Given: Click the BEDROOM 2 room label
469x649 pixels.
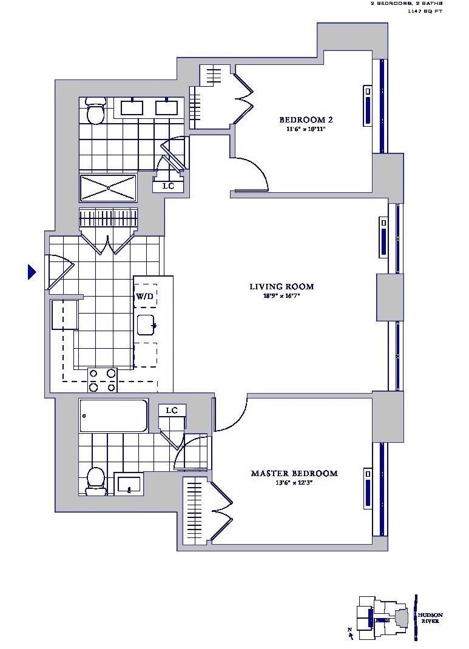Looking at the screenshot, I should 305,119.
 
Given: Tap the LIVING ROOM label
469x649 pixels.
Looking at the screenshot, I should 282,286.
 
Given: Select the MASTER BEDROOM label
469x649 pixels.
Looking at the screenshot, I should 294,473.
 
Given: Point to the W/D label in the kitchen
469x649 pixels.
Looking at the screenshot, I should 144,297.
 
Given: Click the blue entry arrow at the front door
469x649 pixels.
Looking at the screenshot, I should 32,272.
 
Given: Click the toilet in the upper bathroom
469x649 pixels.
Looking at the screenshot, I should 95,111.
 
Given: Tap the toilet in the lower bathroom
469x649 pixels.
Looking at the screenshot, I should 95,479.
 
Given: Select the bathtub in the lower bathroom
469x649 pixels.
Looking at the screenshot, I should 113,415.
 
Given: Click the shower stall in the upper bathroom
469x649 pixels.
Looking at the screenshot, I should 108,188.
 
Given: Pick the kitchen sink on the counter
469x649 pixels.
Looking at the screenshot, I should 146,325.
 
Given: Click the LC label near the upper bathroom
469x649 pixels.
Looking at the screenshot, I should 168,186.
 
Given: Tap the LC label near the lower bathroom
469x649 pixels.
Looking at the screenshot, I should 172,411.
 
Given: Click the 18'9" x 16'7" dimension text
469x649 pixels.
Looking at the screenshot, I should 282,297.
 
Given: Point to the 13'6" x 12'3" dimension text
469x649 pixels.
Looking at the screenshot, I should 294,483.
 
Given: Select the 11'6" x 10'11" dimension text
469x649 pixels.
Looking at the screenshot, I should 305,129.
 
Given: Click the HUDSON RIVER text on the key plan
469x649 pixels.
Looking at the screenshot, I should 430,618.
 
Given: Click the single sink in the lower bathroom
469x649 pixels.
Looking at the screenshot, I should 129,484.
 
